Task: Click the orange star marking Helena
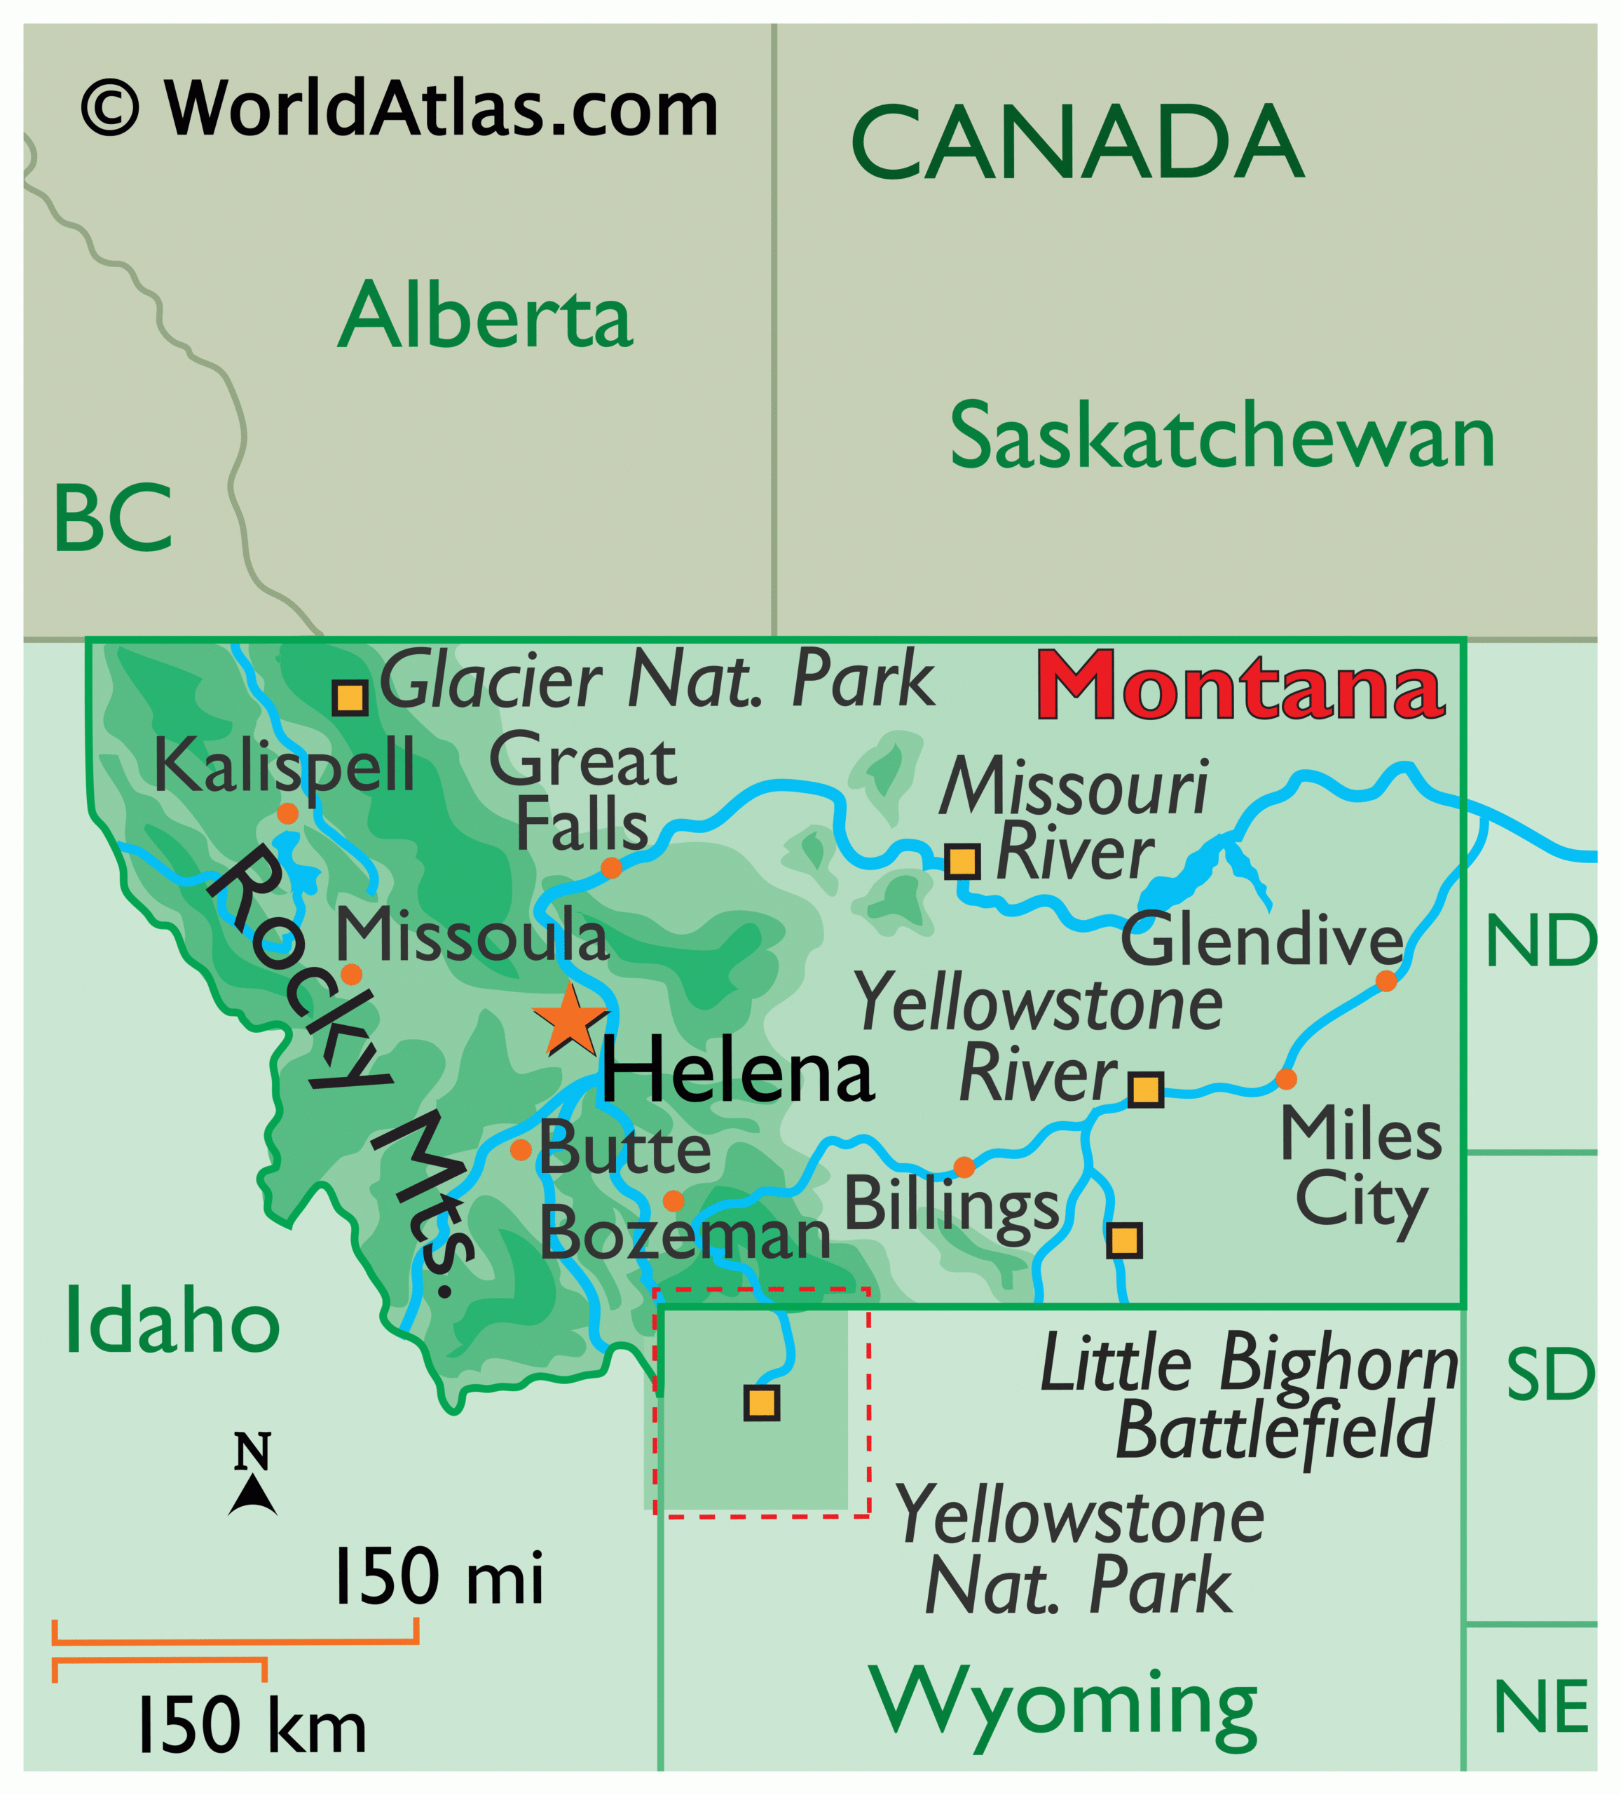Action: pos(570,1019)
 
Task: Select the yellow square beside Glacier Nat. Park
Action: pos(350,698)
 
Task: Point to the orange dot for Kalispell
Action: pos(287,813)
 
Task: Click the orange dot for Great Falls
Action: pos(610,868)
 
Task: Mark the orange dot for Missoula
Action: pos(352,974)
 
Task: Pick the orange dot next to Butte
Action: pos(521,1149)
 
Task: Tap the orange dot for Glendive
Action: pos(1386,981)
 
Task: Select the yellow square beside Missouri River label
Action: pos(962,862)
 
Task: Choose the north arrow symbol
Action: pos(253,1495)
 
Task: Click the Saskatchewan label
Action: pos(1222,436)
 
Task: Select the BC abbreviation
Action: pos(112,518)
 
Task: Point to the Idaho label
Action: pos(172,1323)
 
